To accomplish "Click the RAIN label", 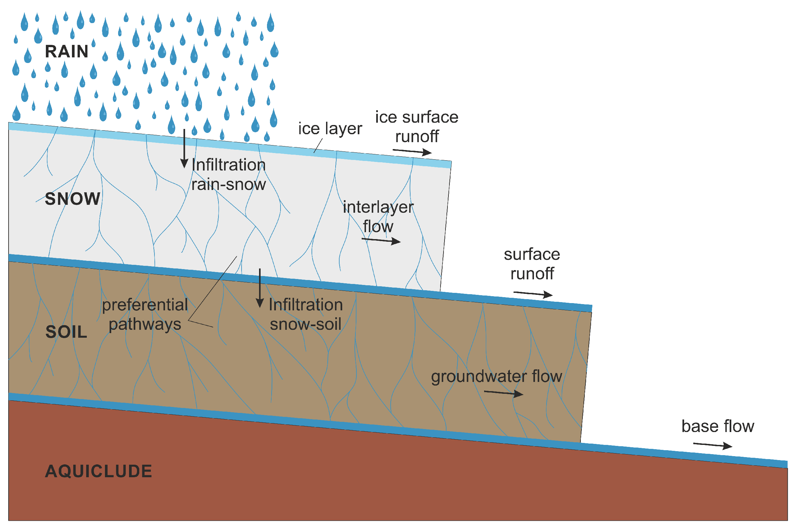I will pos(67,52).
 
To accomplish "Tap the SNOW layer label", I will pos(73,199).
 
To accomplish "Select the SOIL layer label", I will pos(66,332).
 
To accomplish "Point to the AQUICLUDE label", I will pos(99,471).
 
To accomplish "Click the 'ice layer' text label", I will pos(330,129).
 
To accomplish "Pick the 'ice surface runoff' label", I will pos(416,127).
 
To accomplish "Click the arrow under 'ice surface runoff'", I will pos(412,152).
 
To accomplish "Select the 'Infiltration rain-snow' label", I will pos(229,175).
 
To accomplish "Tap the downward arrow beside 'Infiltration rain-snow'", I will pos(184,148).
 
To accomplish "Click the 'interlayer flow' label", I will pos(378,217).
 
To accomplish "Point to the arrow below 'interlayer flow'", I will pos(381,240).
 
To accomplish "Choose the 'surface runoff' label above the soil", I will pos(532,264).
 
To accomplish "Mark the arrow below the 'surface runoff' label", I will pos(533,294).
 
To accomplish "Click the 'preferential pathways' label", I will pos(145,314).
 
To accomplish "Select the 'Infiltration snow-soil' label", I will pos(306,314).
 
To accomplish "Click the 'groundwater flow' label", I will pos(496,377).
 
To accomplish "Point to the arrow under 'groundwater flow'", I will pos(503,393).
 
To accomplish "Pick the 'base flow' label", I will pos(718,426).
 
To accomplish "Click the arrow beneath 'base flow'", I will pos(712,445).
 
